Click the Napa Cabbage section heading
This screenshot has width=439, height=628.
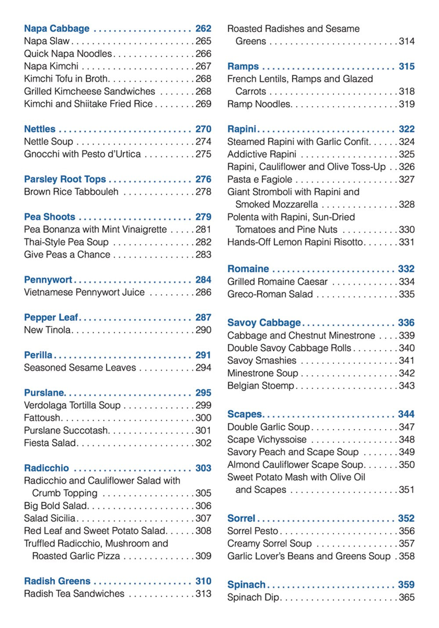pos(57,29)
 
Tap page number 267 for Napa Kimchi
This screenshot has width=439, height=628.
pos(203,66)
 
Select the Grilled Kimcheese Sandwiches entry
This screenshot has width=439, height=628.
pos(90,91)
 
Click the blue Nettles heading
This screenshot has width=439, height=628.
pos(40,129)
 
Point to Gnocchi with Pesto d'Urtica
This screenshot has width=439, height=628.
pos(83,154)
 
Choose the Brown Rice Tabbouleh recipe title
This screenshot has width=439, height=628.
pos(71,192)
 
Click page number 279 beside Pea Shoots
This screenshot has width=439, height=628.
pos(203,217)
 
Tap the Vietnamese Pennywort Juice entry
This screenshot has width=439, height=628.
pos(84,293)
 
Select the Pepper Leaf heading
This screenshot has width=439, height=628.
pos(51,318)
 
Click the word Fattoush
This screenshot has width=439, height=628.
pos(42,418)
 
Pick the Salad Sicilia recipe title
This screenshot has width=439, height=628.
pos(50,519)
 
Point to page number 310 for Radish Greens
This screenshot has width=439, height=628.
pos(203,581)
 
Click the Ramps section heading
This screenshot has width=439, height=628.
pos(243,66)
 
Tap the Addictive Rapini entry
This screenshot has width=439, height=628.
pos(262,154)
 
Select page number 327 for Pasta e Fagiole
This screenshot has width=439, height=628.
pos(407,179)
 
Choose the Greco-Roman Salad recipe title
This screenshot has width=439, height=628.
pos(270,294)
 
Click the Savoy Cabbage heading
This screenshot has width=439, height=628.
pos(264,323)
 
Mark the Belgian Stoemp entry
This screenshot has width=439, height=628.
pos(261,386)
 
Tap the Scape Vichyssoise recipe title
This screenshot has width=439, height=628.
pos(267,439)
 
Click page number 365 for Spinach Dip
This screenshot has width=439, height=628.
pos(407,598)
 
